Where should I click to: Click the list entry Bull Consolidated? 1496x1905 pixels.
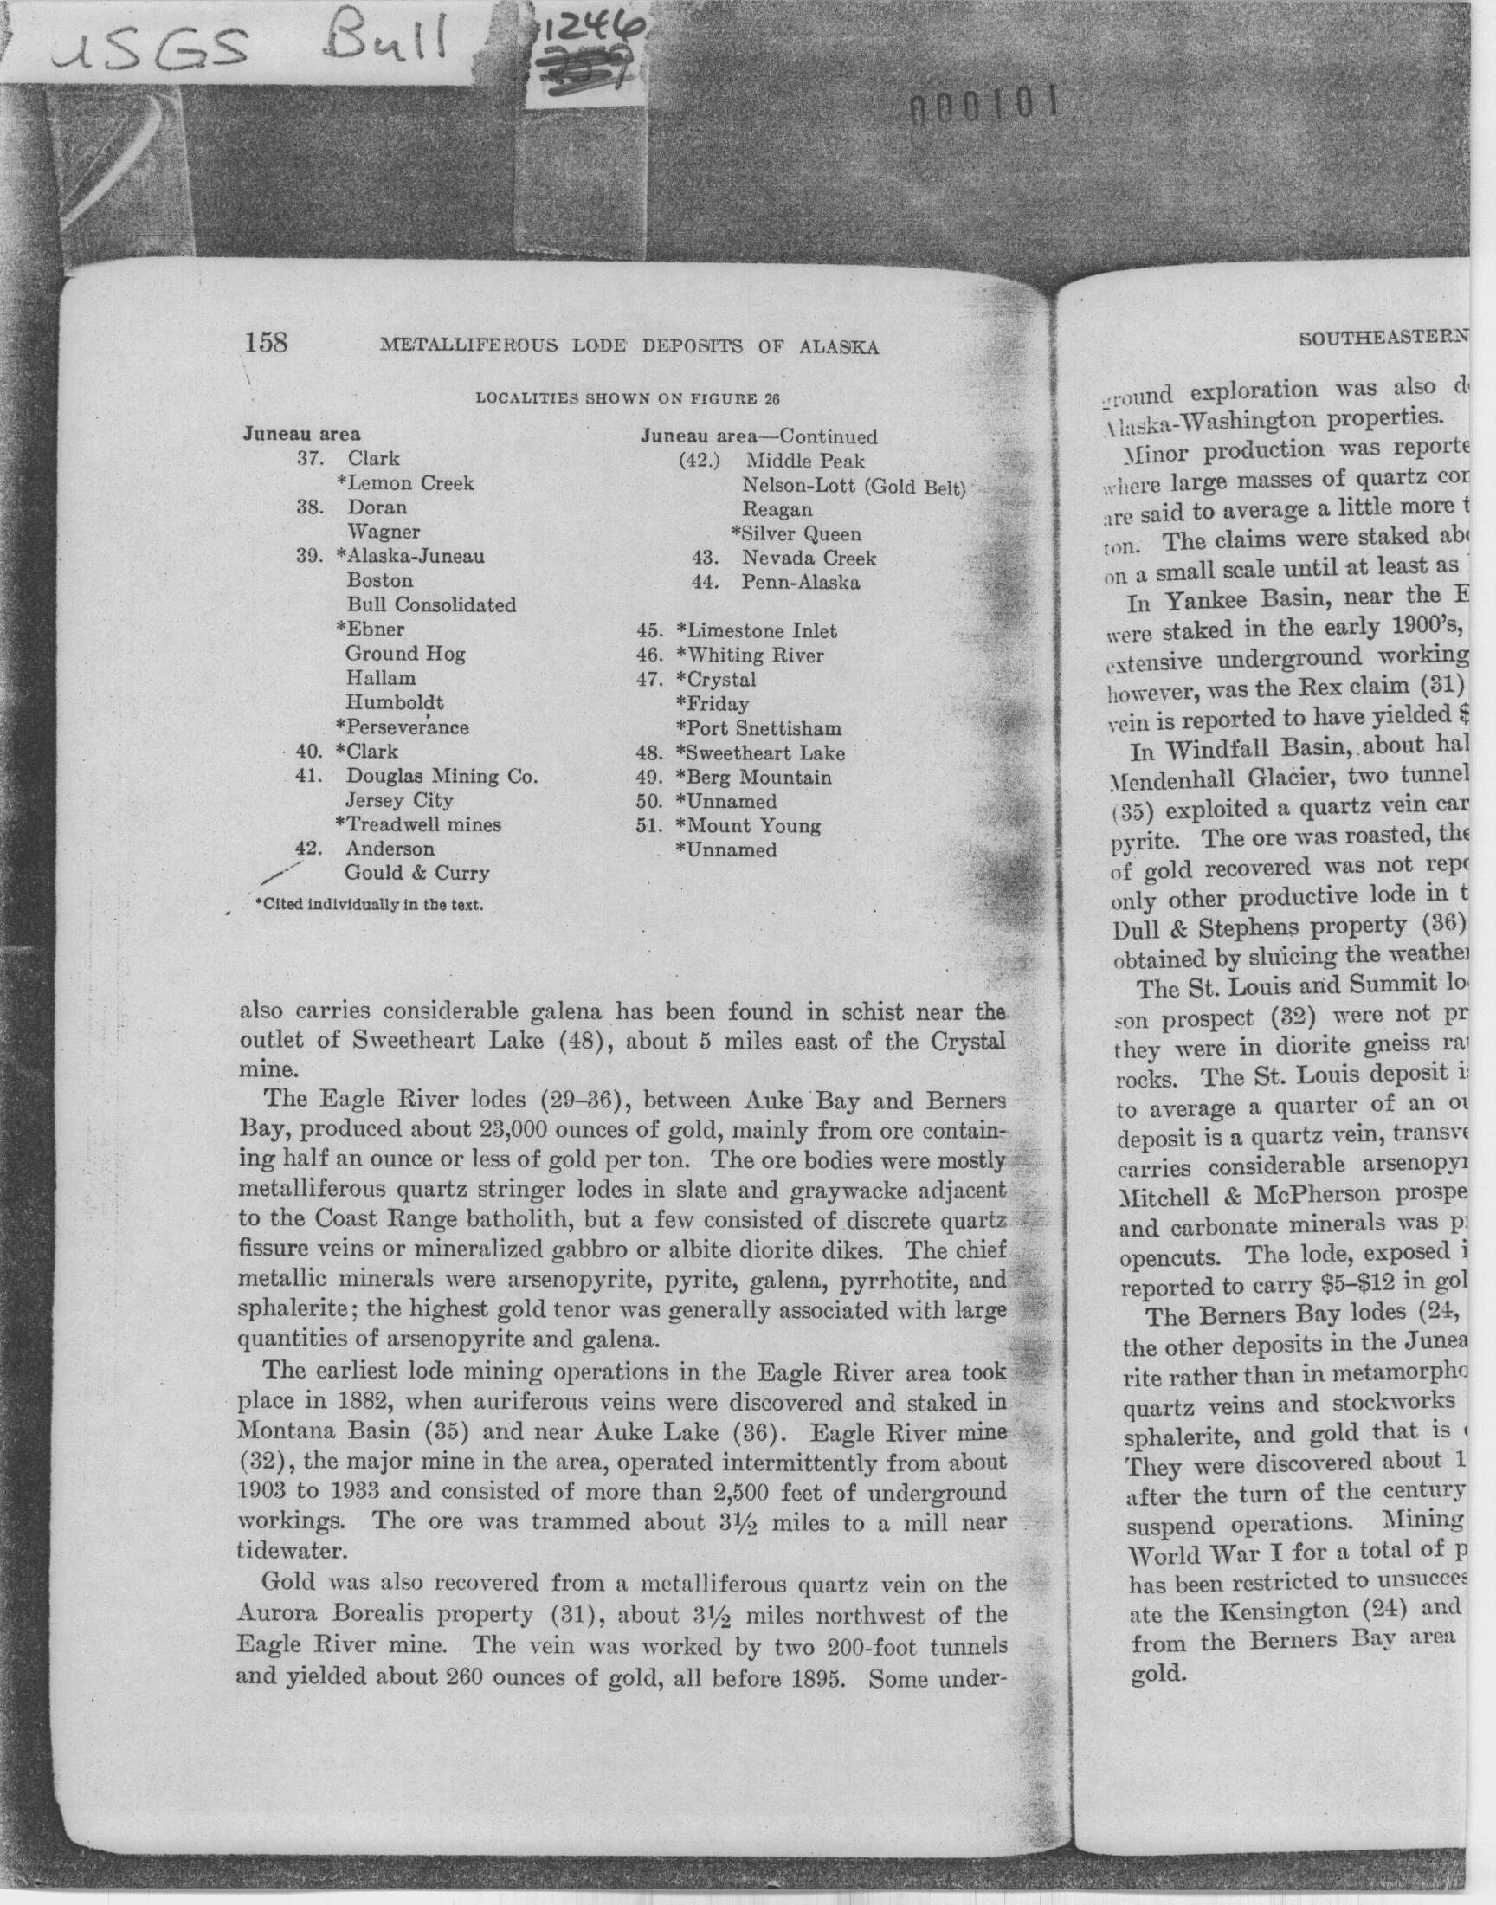click(x=431, y=605)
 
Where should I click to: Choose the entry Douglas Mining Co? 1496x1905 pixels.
click(x=442, y=776)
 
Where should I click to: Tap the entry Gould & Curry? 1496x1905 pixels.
click(x=416, y=873)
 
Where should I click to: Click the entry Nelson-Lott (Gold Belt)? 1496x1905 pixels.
click(x=852, y=486)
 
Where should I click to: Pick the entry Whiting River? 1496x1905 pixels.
click(x=756, y=655)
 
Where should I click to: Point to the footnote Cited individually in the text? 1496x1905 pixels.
click(x=369, y=905)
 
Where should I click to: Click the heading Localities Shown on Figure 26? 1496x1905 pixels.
click(x=627, y=397)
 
